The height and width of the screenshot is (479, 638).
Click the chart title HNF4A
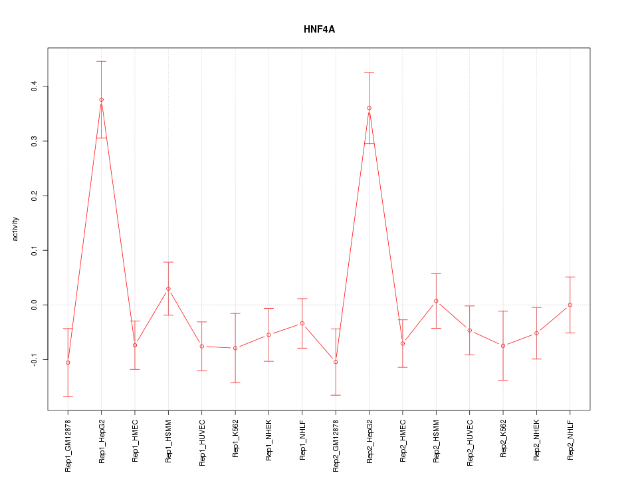pyautogui.click(x=319, y=30)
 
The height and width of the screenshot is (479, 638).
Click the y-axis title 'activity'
pyautogui.click(x=16, y=229)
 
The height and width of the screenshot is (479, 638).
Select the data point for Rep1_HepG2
pyautogui.click(x=101, y=100)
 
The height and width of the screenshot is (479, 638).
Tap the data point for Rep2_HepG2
pyautogui.click(x=369, y=108)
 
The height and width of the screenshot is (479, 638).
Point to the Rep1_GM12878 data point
pyautogui.click(x=68, y=363)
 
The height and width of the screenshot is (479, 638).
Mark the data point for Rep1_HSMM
pyautogui.click(x=168, y=289)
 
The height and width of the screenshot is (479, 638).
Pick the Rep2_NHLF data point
pyautogui.click(x=570, y=305)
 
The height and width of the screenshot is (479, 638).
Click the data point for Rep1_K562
pyautogui.click(x=235, y=348)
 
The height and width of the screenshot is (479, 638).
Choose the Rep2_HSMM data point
pyautogui.click(x=436, y=301)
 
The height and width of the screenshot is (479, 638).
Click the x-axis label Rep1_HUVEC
pyautogui.click(x=202, y=444)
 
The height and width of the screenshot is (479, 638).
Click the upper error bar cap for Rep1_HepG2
pyautogui.click(x=101, y=61)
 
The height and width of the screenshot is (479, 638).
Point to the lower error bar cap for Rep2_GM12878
pyautogui.click(x=336, y=395)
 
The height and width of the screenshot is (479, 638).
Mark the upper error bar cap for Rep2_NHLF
pyautogui.click(x=570, y=277)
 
